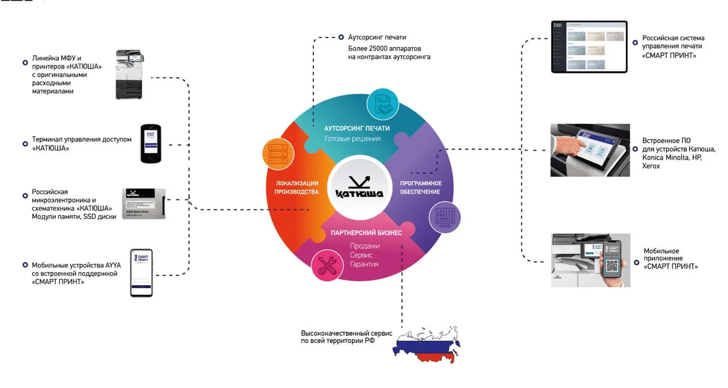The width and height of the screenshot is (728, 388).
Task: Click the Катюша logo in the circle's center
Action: click(359, 187)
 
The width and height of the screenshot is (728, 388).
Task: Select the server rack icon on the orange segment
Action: click(276, 152)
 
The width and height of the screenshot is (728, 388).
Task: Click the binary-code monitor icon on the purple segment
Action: click(442, 217)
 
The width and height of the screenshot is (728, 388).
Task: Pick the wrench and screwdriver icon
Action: click(326, 264)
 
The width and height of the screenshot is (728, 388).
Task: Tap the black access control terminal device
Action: click(151, 143)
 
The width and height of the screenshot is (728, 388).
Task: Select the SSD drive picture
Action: click(144, 203)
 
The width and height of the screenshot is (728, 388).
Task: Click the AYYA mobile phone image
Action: click(141, 273)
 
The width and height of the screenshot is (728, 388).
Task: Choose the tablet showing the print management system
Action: click(589, 47)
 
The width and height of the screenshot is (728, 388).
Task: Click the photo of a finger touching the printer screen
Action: click(590, 150)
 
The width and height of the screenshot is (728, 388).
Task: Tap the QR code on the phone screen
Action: click(612, 266)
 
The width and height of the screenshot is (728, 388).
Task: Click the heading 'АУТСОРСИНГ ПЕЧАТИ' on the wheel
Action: click(357, 128)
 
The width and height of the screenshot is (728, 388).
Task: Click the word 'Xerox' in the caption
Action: click(651, 166)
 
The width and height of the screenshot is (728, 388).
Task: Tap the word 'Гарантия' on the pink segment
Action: click(364, 264)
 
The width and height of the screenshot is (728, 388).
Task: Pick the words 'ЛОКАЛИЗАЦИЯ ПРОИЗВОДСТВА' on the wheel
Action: click(297, 187)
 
